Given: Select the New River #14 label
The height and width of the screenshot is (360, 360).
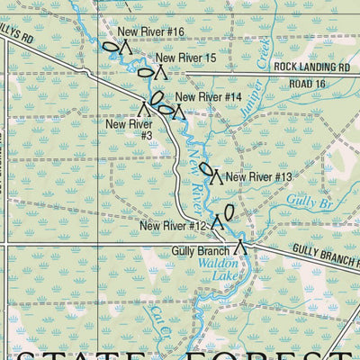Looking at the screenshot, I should (x=209, y=96).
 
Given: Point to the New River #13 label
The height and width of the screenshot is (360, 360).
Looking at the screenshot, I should (x=259, y=176).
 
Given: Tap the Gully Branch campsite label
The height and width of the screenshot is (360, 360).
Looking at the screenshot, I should (x=200, y=249).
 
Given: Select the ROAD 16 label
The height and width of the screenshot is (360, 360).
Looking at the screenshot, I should (x=307, y=84).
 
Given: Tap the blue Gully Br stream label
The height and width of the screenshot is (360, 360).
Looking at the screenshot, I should (x=312, y=204).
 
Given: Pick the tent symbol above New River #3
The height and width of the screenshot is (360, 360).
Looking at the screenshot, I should (x=144, y=108).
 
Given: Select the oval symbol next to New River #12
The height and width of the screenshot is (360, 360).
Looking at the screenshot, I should (x=229, y=212).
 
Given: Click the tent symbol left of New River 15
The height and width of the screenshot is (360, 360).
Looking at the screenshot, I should (x=160, y=69).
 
